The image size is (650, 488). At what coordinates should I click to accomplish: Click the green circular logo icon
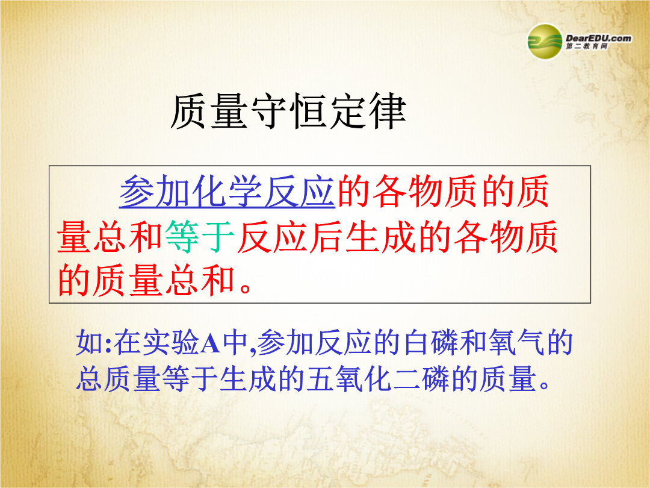[x=545, y=42]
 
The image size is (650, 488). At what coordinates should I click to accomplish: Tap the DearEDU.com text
[x=599, y=38]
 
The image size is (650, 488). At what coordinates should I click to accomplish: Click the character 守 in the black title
[x=269, y=111]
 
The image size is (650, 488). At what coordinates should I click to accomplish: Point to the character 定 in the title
[x=348, y=111]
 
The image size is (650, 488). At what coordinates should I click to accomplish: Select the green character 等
[x=183, y=237]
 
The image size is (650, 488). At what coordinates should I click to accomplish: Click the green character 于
[x=219, y=237]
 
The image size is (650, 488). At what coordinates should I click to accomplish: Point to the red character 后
[x=327, y=237]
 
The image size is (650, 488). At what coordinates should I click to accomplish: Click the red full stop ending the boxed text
[x=246, y=288]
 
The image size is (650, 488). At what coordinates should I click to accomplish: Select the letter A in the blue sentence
[x=210, y=343]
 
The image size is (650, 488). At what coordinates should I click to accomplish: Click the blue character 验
[x=185, y=343]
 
